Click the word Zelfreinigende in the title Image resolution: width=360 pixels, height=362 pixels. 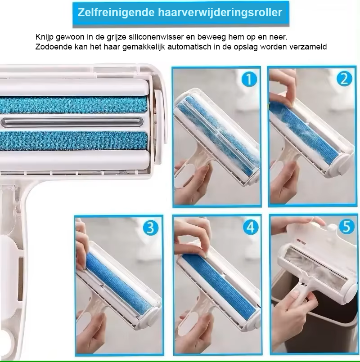tap(116, 13)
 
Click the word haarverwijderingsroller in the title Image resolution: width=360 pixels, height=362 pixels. tap(220, 12)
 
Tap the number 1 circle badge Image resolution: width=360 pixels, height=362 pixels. tap(249, 79)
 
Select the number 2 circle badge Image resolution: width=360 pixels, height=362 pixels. tap(344, 79)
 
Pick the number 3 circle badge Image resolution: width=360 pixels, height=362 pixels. tap(150, 228)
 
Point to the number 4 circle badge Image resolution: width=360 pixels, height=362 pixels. tap(251, 227)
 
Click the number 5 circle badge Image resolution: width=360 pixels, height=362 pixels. tap(346, 227)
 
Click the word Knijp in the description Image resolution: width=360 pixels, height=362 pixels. tap(45, 37)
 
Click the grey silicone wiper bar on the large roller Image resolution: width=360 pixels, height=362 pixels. tap(72, 122)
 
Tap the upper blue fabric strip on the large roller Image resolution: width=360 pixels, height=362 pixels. tap(73, 105)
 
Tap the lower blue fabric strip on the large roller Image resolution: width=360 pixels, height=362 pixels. tap(73, 141)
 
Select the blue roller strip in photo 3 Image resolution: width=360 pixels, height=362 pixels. tap(118, 284)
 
